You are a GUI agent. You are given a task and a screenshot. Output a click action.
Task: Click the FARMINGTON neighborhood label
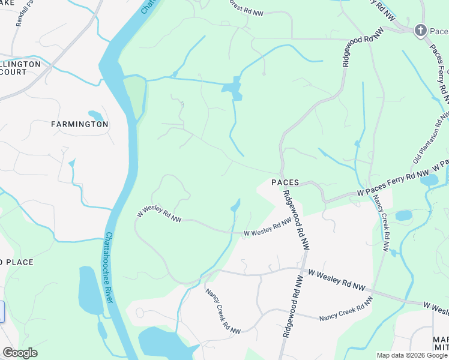[x=80, y=124]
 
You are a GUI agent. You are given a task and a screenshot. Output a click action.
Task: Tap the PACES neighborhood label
[x=285, y=182]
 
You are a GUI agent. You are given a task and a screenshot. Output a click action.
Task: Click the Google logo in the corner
[x=20, y=353]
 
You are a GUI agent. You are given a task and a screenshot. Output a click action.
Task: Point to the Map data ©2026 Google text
[x=412, y=355]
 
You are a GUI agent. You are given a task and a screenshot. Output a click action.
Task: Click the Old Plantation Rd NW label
[x=430, y=139]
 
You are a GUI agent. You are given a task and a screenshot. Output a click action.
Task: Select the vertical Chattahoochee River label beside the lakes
[x=109, y=267]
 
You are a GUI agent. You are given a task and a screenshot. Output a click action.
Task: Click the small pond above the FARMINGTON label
[x=95, y=115]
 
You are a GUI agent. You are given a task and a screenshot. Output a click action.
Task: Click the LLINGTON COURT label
[x=20, y=68]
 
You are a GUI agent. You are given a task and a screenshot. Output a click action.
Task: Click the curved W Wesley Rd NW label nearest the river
[x=159, y=214]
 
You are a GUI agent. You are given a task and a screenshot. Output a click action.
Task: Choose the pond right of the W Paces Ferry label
[x=429, y=180]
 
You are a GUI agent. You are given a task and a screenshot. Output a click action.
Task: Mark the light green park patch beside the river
[x=136, y=96]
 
